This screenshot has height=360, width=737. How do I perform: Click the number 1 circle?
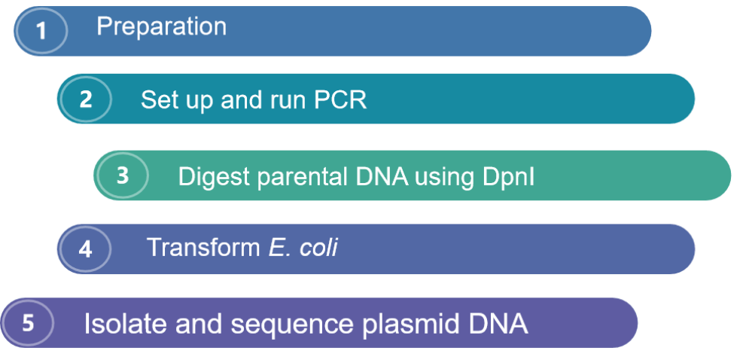click(x=41, y=32)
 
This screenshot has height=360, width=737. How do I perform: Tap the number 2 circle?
click(x=85, y=99)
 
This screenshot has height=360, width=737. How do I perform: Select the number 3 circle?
click(x=122, y=175)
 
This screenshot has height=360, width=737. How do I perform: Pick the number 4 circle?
click(x=85, y=249)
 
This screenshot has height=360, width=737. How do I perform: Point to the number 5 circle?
click(x=28, y=323)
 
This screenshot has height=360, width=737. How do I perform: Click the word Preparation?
click(x=161, y=27)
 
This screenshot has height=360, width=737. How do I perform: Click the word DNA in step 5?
click(x=495, y=324)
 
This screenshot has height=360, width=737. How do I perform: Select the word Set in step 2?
click(x=160, y=100)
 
